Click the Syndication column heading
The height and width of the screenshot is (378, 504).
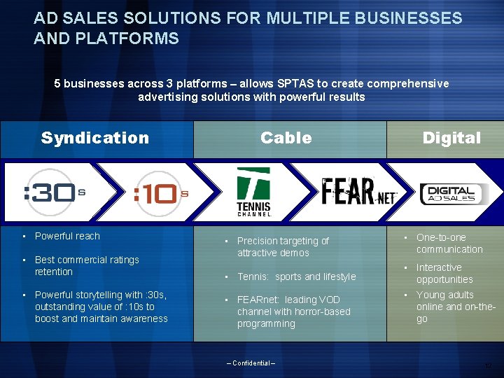pos(94,138)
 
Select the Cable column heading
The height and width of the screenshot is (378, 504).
pos(286,138)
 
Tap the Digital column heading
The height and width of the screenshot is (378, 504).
pos(451,138)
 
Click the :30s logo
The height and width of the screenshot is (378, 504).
pos(54,192)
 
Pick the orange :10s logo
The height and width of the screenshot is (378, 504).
pos(160,192)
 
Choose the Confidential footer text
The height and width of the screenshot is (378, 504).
pos(251,363)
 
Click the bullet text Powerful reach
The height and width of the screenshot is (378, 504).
pos(67,236)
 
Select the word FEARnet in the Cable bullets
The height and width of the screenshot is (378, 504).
pos(258,300)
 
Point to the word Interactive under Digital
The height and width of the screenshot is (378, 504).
pos(439,267)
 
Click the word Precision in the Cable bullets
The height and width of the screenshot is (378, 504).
pos(258,241)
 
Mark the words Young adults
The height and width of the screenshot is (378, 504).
pos(444,295)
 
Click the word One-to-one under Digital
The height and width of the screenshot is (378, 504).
pos(440,237)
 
